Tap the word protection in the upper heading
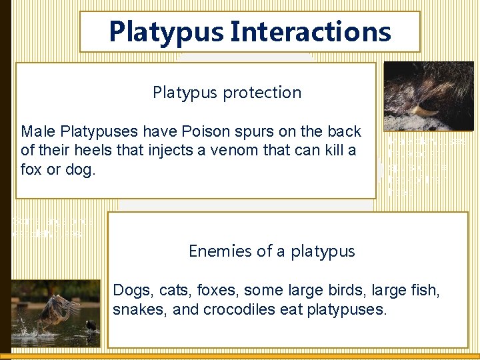(263, 93)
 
